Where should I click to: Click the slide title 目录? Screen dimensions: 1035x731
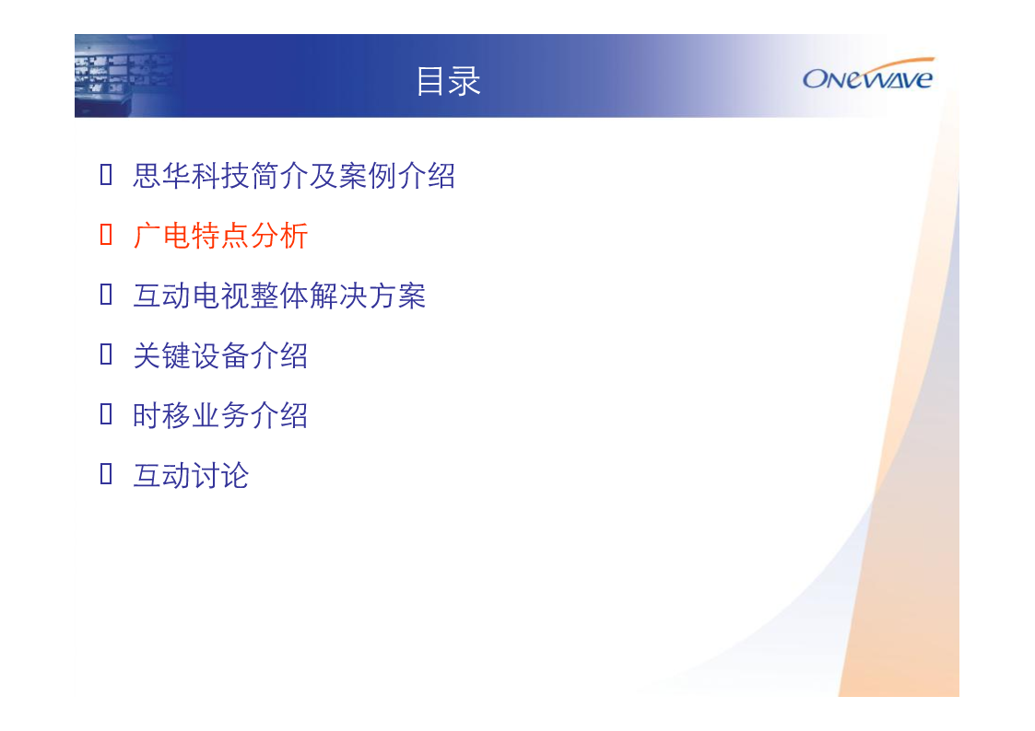448,81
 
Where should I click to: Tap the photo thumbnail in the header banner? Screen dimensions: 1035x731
125,75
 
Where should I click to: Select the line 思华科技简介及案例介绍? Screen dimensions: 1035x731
294,176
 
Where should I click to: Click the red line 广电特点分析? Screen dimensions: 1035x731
220,236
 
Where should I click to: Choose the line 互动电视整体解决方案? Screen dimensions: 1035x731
279,296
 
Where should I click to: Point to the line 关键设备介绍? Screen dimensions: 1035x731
220,356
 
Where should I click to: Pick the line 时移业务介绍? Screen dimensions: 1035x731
220,416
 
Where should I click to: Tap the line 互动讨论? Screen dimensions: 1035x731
191,476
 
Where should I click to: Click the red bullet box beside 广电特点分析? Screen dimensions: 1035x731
106,235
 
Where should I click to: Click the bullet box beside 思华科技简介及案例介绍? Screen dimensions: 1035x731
106,175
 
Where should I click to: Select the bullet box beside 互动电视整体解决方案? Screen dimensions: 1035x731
106,295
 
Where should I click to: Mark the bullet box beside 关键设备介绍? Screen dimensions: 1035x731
106,354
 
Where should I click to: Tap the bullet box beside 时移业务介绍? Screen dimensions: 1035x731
106,414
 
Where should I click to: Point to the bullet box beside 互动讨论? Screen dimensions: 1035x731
106,474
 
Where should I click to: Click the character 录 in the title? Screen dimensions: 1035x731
465,81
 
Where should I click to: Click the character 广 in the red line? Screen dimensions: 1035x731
147,236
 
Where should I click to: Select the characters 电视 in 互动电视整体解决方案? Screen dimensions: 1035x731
220,296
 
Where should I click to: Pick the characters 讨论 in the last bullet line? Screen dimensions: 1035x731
220,476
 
